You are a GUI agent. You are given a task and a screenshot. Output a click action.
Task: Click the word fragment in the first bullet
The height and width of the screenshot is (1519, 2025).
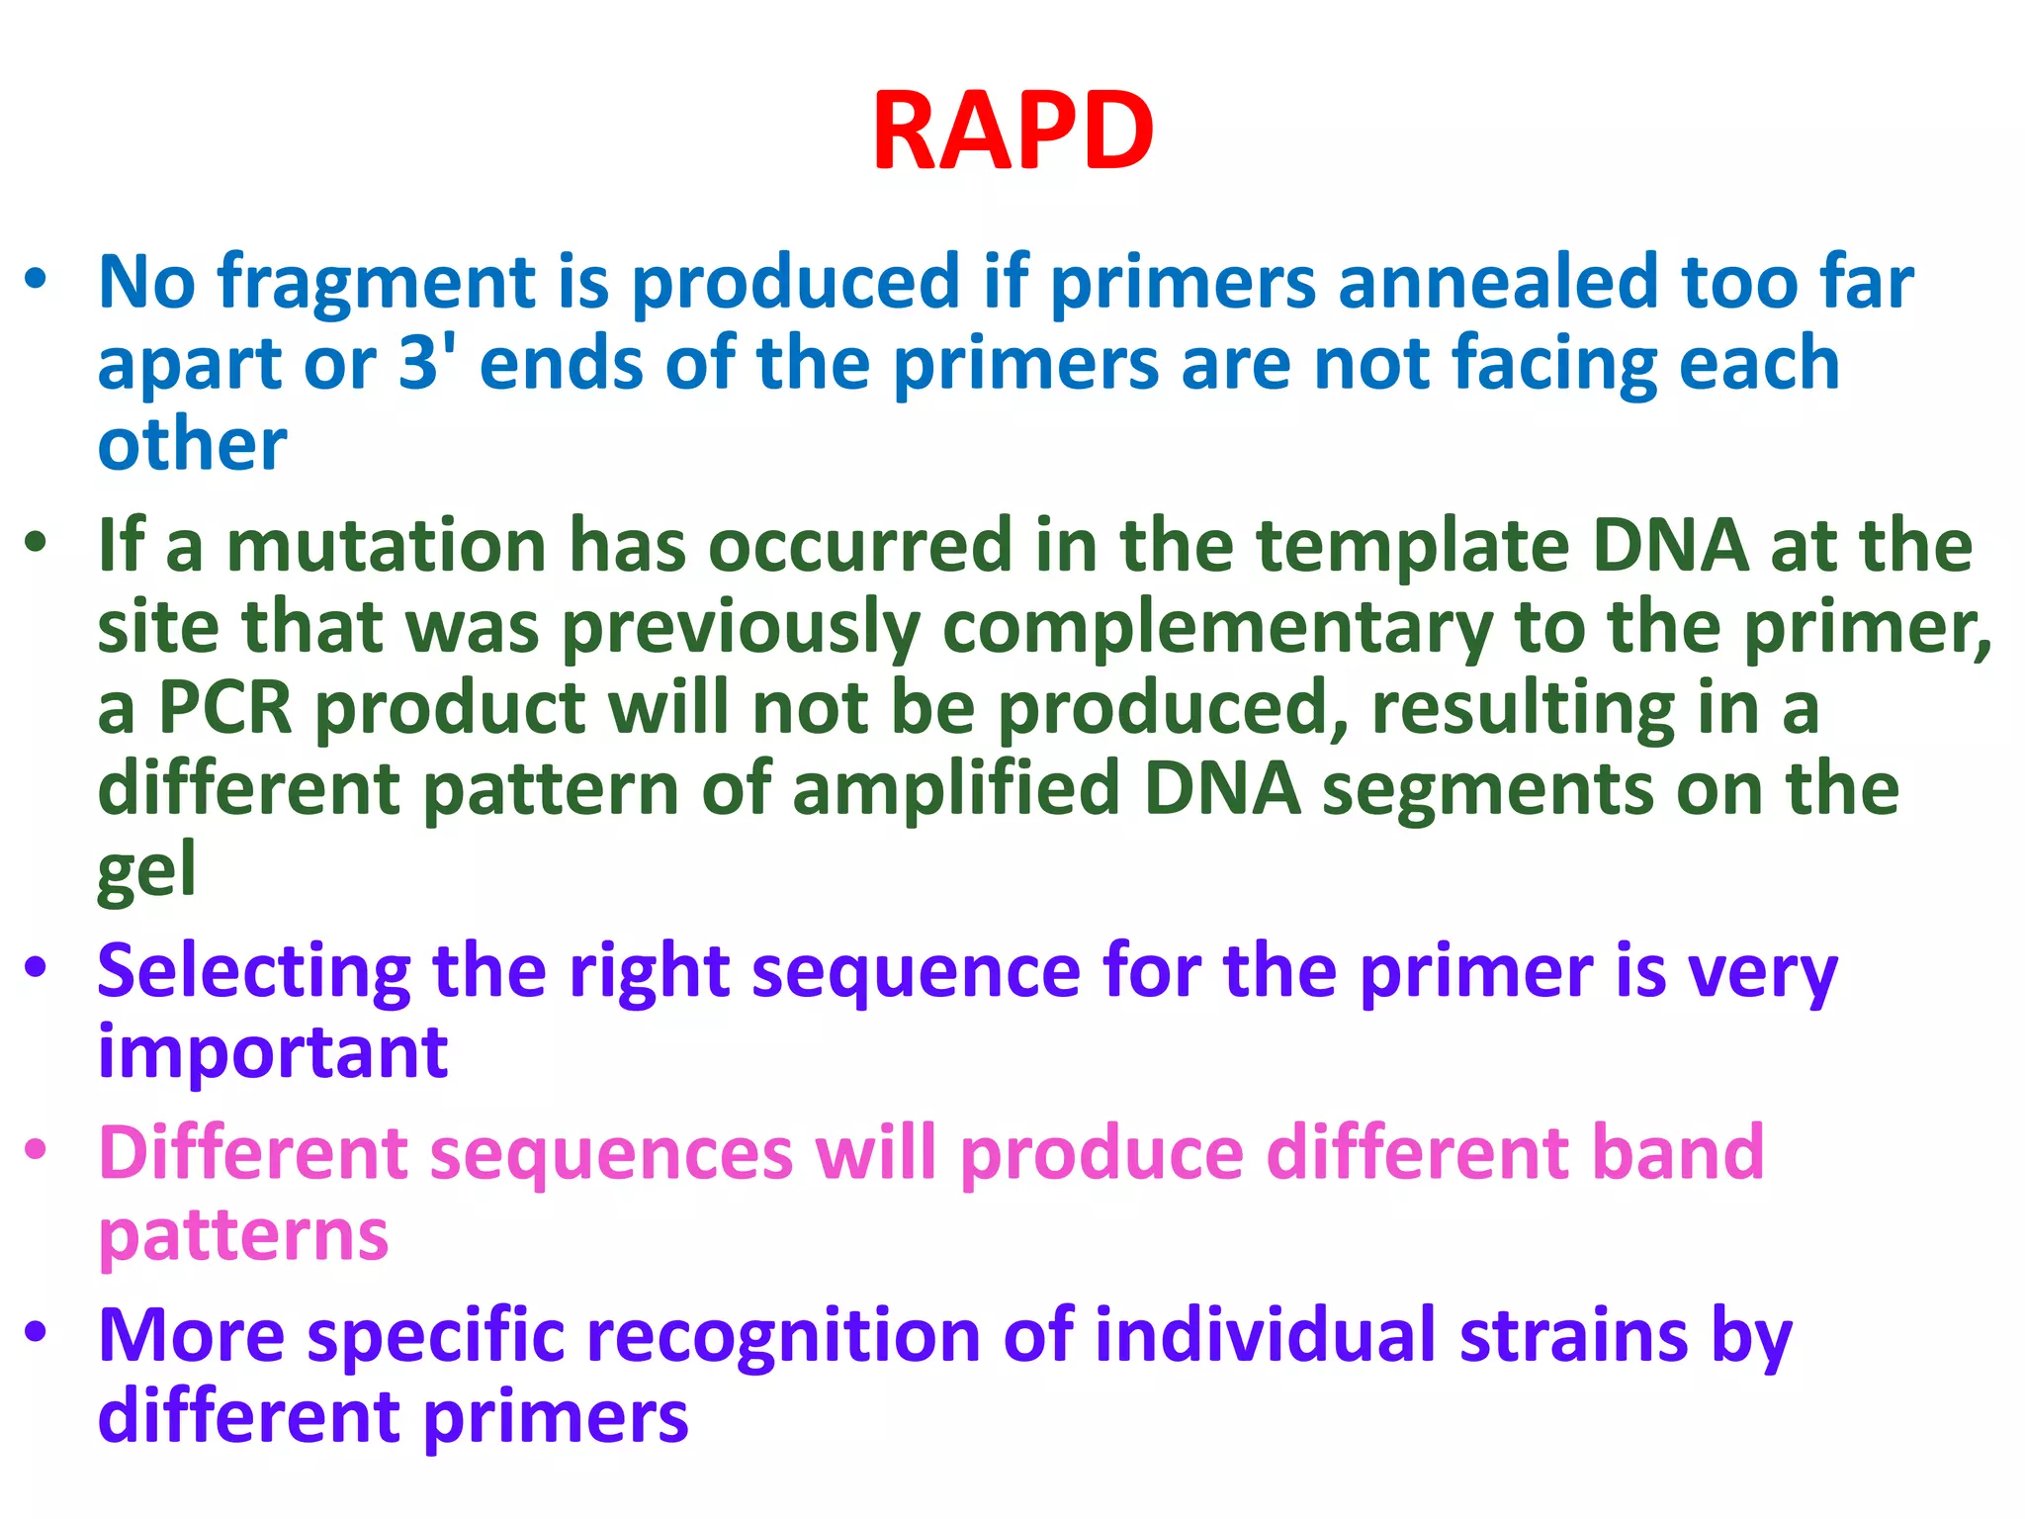(377, 284)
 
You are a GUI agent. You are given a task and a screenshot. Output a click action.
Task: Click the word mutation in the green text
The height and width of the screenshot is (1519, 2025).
(386, 546)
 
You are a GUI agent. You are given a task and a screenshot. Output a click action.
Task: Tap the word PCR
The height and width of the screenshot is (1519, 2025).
(225, 708)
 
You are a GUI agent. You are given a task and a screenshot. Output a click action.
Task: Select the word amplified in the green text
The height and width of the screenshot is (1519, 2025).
(955, 790)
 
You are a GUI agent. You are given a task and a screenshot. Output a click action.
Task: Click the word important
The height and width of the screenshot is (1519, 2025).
(273, 1052)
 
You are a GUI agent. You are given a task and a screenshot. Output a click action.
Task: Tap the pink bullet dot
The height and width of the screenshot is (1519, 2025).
(37, 1150)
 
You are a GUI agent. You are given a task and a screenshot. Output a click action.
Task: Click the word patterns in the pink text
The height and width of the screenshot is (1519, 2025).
(243, 1236)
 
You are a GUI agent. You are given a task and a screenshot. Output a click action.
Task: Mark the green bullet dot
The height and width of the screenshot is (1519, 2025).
(37, 543)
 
